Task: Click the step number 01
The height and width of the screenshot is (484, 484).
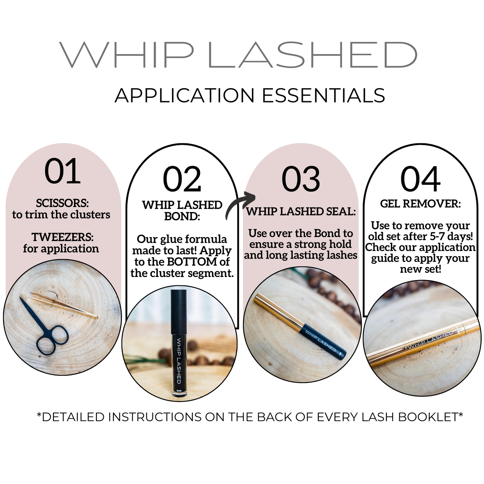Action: (x=62, y=171)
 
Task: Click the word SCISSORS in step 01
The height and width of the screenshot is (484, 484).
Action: (x=62, y=203)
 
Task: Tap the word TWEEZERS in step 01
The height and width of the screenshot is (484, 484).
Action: (x=62, y=237)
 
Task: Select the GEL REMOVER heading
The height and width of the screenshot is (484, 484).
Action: (x=420, y=204)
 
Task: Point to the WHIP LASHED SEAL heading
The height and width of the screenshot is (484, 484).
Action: (x=301, y=211)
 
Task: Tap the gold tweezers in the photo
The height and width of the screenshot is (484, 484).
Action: (x=64, y=305)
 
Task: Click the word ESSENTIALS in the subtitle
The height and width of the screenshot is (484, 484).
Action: (x=324, y=95)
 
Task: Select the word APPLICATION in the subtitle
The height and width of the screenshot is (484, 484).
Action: (x=185, y=95)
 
